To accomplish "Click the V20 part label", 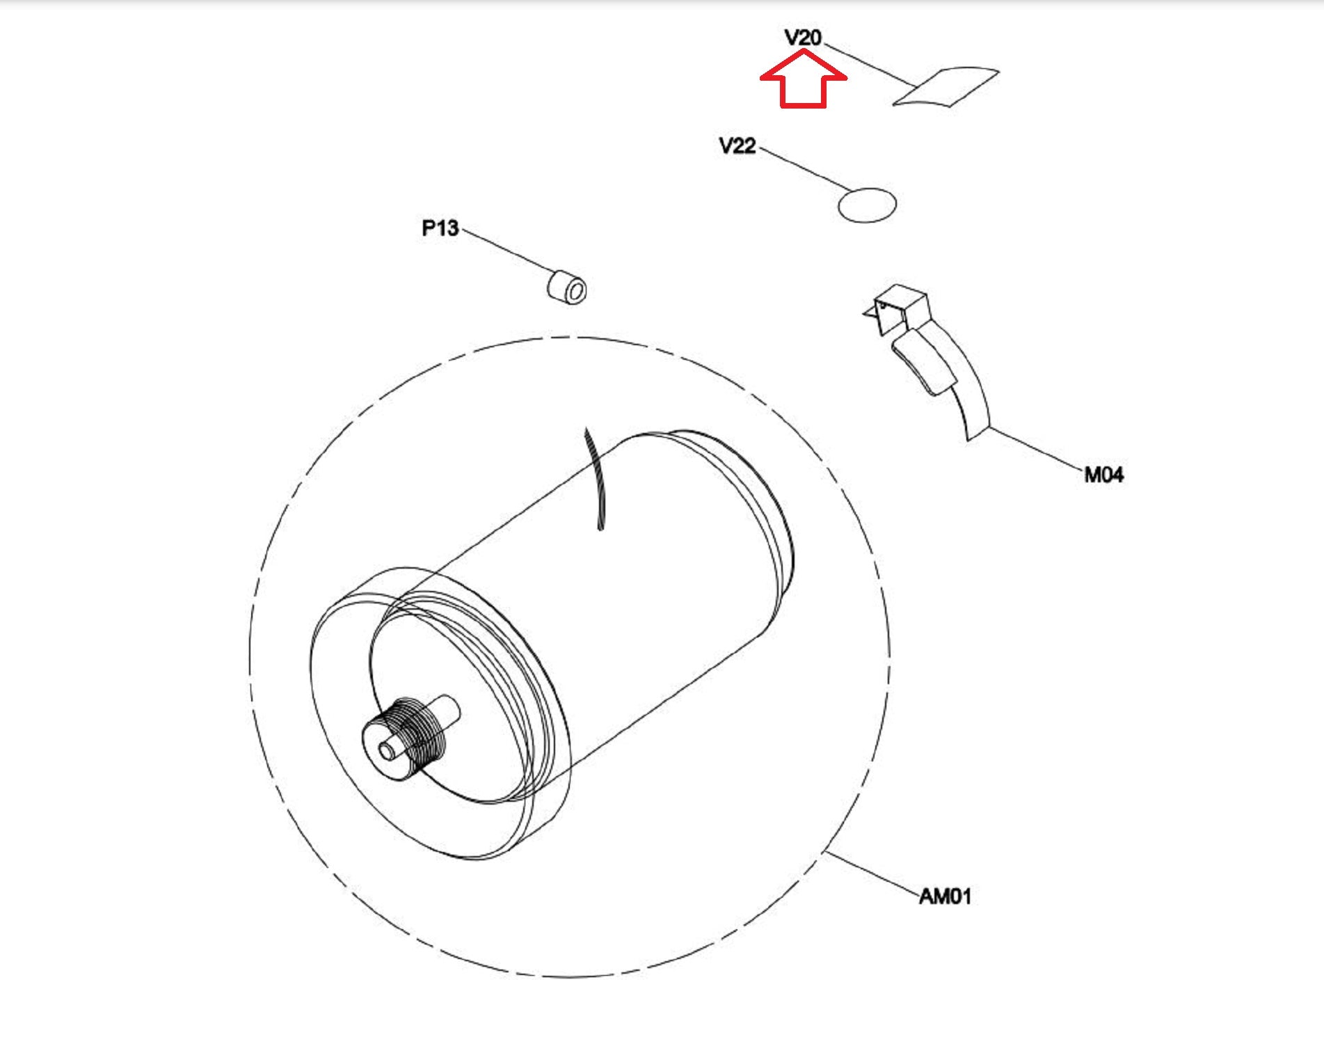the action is (x=802, y=38).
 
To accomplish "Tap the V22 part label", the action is (x=737, y=146).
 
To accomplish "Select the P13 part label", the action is (x=440, y=228).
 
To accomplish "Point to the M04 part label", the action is (x=1103, y=475).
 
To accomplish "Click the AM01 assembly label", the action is (x=945, y=896).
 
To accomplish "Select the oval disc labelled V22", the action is (x=867, y=205).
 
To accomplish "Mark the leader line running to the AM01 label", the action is (x=872, y=873).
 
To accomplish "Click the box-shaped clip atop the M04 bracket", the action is (x=899, y=306).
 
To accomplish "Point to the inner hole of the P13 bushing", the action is (x=575, y=292).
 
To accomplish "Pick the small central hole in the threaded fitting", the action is (x=385, y=750).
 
